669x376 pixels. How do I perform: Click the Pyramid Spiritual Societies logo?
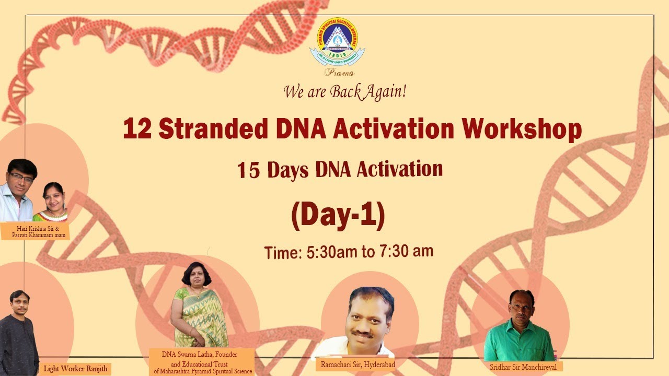coord(337,43)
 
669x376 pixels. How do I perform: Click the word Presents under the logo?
coord(339,73)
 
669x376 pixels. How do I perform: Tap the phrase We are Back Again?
coord(344,92)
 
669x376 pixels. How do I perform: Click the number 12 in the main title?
coord(137,129)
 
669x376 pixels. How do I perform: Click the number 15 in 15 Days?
coord(249,171)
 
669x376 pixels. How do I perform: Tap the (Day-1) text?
coord(338,215)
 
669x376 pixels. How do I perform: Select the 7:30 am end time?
coord(407,251)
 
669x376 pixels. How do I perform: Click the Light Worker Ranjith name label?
coord(76,369)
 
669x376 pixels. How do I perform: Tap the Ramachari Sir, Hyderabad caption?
coord(355,364)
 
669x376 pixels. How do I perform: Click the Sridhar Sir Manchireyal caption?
coord(523,367)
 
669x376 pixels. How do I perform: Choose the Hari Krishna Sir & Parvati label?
coord(36,232)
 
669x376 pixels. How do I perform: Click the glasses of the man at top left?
coord(22,178)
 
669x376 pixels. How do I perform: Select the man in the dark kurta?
coord(19,334)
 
